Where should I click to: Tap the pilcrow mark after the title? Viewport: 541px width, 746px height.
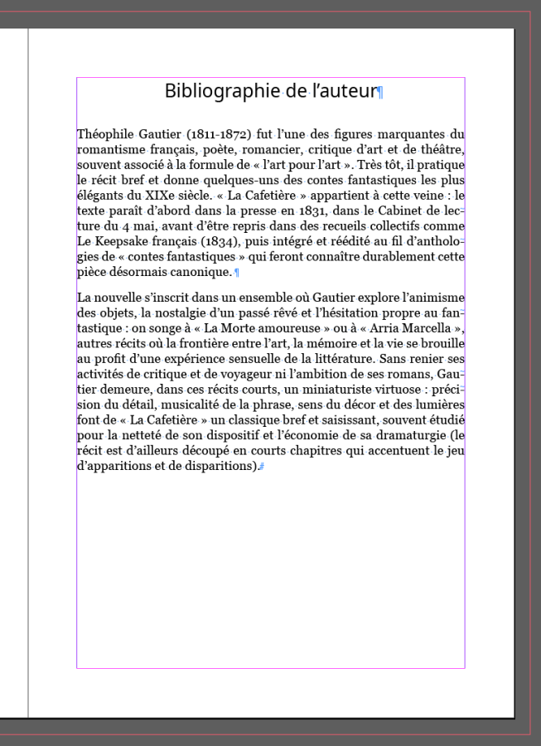pyautogui.click(x=380, y=93)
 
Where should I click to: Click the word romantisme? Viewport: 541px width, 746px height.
pyautogui.click(x=111, y=149)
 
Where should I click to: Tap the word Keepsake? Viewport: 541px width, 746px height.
pyautogui.click(x=127, y=241)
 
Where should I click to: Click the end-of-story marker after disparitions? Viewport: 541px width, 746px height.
pyautogui.click(x=261, y=467)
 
